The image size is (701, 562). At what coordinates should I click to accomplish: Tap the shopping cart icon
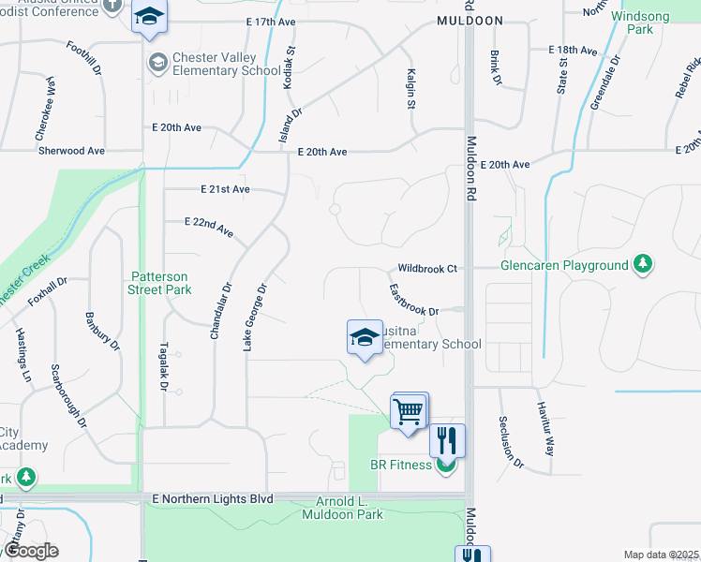(410, 410)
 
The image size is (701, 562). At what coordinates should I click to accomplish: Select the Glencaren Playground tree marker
(643, 266)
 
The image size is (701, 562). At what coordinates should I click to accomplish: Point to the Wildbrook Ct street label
(426, 269)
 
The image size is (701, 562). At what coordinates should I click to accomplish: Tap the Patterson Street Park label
(158, 283)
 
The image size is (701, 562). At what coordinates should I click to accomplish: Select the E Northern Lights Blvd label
(212, 499)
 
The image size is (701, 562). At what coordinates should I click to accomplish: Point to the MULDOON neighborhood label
(470, 20)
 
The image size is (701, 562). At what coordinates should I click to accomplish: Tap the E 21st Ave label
(225, 189)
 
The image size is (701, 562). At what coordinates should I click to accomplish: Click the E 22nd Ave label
(209, 227)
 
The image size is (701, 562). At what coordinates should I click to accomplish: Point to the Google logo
(30, 551)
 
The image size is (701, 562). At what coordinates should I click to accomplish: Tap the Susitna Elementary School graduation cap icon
(363, 338)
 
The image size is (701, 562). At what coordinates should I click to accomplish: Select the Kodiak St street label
(290, 67)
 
